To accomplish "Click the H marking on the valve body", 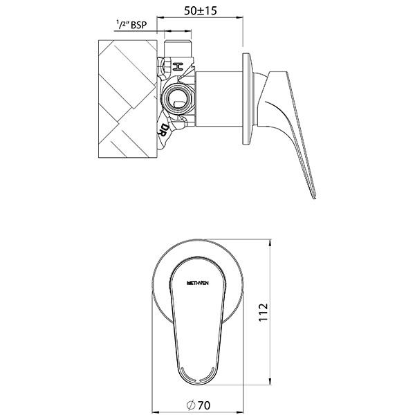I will point(178,67).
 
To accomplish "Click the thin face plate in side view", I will point(246,98).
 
